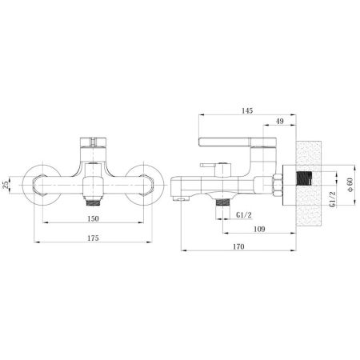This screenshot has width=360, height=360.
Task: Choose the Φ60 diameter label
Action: pyautogui.click(x=352, y=185)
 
